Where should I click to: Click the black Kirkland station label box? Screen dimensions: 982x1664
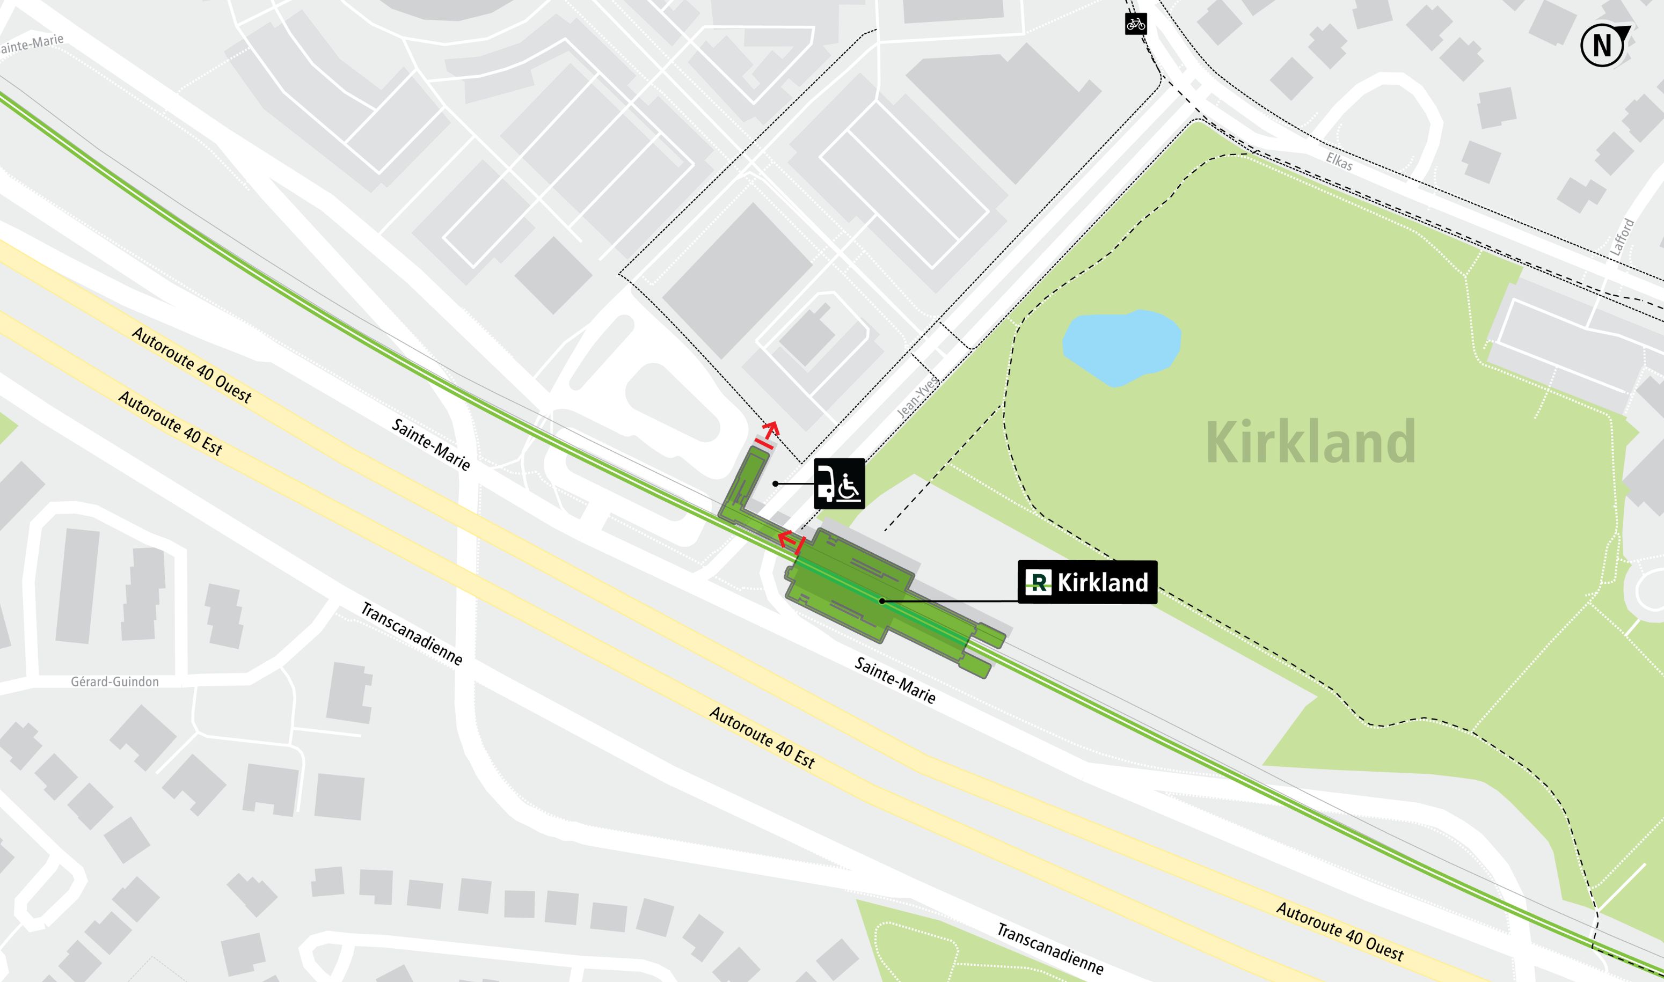[x=1087, y=582]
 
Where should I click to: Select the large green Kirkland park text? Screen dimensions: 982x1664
[x=1311, y=442]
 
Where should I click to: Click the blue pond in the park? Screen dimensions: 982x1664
[x=1121, y=347]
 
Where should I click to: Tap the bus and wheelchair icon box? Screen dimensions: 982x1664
[x=838, y=483]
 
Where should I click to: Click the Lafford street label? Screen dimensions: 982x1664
[x=1622, y=237]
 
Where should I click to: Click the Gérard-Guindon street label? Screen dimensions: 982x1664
[x=114, y=681]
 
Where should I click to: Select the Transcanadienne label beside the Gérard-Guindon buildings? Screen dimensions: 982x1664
[x=411, y=633]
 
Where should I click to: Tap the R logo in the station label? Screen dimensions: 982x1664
[x=1038, y=582]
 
